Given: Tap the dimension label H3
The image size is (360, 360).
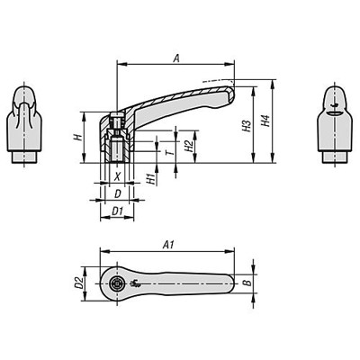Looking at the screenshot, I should (x=244, y=126).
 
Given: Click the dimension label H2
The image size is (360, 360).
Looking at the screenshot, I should (x=186, y=144).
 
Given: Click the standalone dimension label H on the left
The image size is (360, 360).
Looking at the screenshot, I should (x=78, y=138).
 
